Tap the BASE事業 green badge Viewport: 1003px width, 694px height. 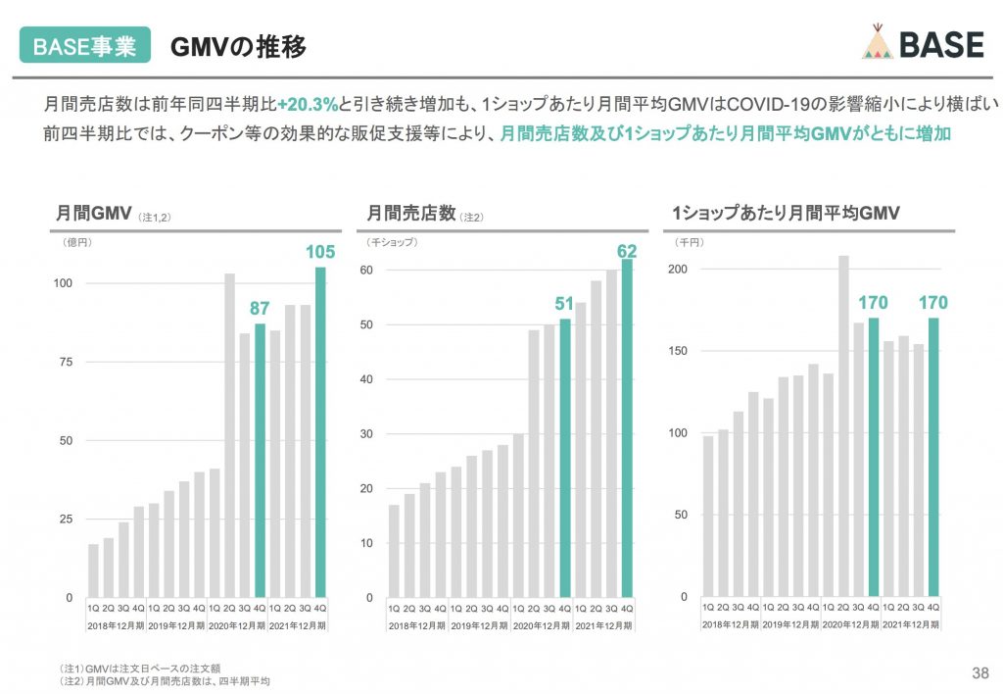point(85,46)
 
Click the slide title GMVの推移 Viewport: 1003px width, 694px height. point(238,46)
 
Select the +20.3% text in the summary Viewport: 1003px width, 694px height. point(308,103)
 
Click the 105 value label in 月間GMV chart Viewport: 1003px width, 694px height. point(319,253)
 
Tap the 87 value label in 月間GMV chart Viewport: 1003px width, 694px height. point(260,309)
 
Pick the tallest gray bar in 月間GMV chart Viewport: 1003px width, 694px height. point(229,435)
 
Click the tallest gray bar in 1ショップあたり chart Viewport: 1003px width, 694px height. point(842,425)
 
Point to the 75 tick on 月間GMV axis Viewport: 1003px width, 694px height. point(67,362)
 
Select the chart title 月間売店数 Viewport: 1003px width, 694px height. point(411,213)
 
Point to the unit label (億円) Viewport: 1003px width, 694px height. point(76,241)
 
